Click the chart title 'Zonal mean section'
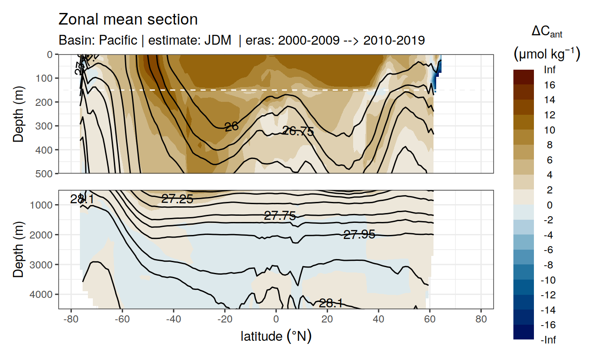[x=128, y=20]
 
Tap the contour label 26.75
[x=298, y=131]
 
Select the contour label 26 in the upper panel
[x=231, y=127]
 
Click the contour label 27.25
[x=177, y=199]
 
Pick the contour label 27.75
[x=280, y=216]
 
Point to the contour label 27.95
[x=359, y=234]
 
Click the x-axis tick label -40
[x=173, y=321]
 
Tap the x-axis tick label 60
[x=430, y=321]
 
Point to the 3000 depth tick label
[x=41, y=264]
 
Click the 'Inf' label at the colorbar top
[x=550, y=70]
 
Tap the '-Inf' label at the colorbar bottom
[x=549, y=340]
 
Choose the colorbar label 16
[x=550, y=85]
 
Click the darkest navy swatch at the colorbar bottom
[x=524, y=332]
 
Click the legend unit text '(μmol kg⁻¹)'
[x=547, y=54]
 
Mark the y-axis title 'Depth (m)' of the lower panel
[x=18, y=249]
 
